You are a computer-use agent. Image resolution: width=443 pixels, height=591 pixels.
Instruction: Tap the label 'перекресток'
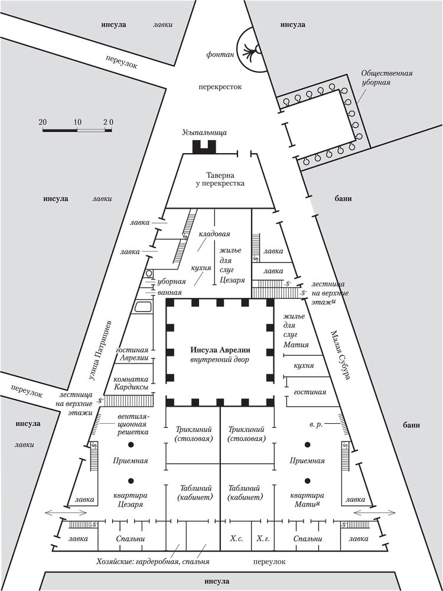point(220,87)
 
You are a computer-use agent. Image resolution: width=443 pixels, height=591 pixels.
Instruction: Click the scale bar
point(77,129)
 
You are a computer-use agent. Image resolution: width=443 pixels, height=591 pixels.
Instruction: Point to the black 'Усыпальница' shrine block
point(204,147)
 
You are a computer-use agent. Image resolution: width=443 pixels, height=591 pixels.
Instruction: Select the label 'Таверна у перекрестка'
point(220,180)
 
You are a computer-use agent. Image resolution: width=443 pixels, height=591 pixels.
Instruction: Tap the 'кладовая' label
point(214,234)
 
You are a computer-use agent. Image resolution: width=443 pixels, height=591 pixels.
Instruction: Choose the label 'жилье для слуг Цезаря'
point(229,265)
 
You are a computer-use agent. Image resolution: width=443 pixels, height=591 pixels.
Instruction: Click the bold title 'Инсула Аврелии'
point(220,349)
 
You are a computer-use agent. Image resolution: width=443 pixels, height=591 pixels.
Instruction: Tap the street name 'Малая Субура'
point(341,355)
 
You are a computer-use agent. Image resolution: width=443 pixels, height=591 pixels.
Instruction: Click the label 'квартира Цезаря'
point(131,500)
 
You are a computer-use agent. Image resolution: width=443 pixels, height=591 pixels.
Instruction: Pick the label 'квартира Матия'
point(307,500)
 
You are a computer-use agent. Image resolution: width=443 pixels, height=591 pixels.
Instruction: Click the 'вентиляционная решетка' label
point(133,424)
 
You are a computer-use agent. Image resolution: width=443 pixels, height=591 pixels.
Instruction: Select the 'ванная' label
point(170,292)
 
